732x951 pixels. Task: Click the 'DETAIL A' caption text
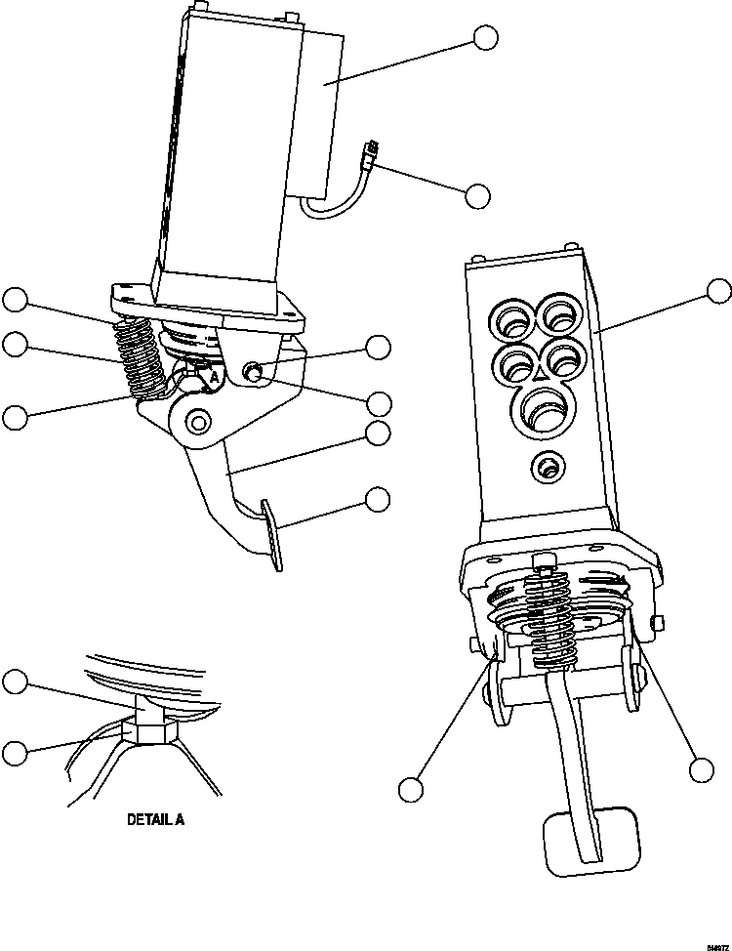(x=155, y=819)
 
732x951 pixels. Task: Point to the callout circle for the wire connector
(x=476, y=195)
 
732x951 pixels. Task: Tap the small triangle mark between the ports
(x=537, y=372)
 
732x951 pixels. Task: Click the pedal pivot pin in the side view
(x=199, y=422)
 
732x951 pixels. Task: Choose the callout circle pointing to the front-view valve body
(x=718, y=290)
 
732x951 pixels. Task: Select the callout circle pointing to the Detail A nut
(x=15, y=753)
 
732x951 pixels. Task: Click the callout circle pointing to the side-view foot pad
(x=378, y=500)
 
